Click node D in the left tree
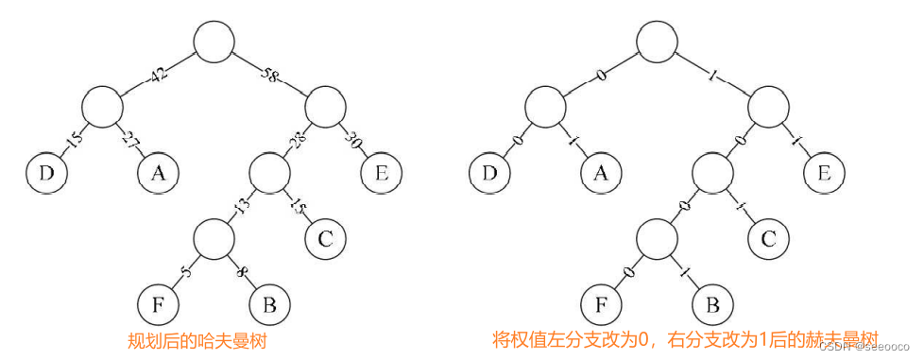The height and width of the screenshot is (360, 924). (x=45, y=174)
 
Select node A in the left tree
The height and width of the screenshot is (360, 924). (x=159, y=174)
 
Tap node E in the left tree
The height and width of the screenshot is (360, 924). (x=382, y=174)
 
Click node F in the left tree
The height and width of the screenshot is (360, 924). (x=158, y=305)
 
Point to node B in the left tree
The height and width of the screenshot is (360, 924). (x=270, y=305)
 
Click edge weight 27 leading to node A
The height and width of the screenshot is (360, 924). (x=130, y=140)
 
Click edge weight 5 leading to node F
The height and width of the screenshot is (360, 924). (x=186, y=273)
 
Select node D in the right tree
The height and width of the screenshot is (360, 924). (x=488, y=174)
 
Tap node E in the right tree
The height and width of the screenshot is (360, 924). (x=824, y=174)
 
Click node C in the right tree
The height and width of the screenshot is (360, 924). (x=768, y=238)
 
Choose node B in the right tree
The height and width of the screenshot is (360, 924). (x=712, y=305)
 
